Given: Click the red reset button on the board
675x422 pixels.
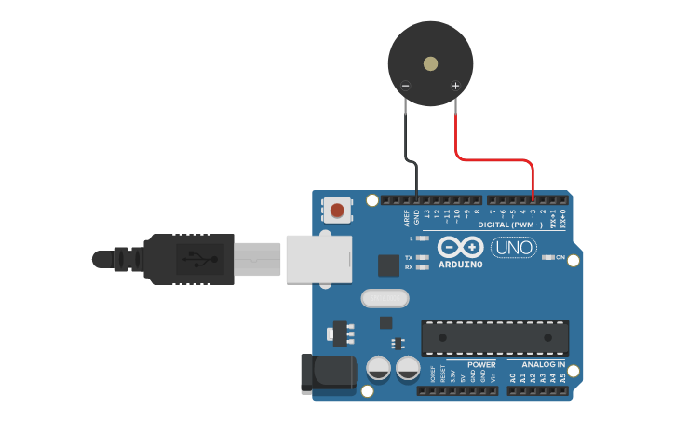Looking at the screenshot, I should [x=337, y=211].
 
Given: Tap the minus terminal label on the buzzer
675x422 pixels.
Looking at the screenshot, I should [x=405, y=87].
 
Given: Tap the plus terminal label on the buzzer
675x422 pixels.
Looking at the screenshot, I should [x=455, y=87].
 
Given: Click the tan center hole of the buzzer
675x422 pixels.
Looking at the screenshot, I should [x=430, y=64].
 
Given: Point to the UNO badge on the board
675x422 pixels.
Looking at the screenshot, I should [x=513, y=249].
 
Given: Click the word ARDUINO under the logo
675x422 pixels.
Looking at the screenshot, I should [x=460, y=265].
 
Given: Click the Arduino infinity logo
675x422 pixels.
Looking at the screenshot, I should [x=460, y=248].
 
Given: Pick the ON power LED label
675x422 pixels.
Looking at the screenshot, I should [x=560, y=257].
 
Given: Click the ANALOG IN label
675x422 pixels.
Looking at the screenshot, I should [x=543, y=364].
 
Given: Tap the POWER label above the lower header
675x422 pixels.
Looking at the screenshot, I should [x=481, y=364].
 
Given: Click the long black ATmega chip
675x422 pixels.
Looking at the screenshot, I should [x=494, y=338].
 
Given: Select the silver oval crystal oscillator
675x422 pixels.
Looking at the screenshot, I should [x=384, y=298].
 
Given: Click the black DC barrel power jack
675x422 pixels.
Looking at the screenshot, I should [x=328, y=372].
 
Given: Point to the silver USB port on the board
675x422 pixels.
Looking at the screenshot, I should [x=319, y=258].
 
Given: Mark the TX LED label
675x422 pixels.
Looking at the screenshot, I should [x=409, y=257].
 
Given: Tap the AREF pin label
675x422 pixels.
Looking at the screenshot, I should [x=407, y=218].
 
